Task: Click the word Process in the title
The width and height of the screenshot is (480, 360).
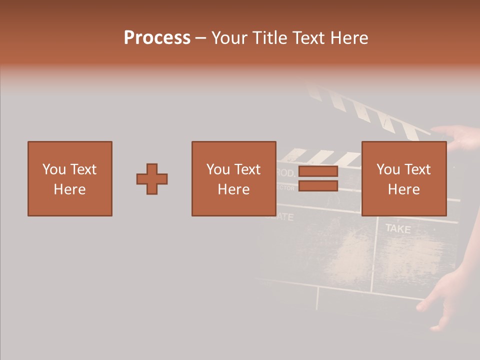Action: (x=157, y=38)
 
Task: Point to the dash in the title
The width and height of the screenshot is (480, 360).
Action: (x=201, y=38)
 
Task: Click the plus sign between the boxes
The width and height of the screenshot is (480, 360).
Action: (x=152, y=179)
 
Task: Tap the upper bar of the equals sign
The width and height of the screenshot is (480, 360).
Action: (x=318, y=171)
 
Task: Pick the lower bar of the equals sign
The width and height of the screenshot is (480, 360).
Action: (x=318, y=186)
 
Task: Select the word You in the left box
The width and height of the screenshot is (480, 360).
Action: (x=54, y=169)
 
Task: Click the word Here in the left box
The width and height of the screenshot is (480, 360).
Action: (x=70, y=189)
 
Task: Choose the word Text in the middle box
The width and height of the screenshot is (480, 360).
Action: (x=247, y=169)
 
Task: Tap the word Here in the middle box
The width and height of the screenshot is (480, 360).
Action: (x=234, y=189)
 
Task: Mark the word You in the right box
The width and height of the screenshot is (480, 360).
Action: (x=388, y=169)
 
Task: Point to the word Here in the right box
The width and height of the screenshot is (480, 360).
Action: (x=404, y=189)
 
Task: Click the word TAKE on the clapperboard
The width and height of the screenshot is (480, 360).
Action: (x=398, y=229)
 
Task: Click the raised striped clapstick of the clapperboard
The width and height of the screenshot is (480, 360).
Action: (x=370, y=112)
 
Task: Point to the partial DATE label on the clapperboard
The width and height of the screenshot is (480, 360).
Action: (x=284, y=217)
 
